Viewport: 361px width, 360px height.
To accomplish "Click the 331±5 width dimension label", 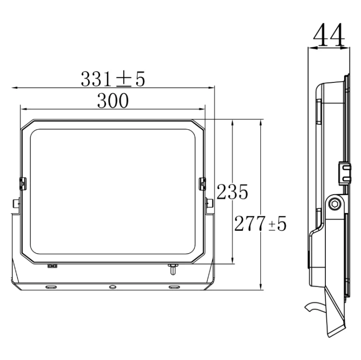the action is (x=113, y=79).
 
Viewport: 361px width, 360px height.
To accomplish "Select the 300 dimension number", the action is (x=113, y=101).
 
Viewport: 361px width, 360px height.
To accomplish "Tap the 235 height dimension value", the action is (x=232, y=192).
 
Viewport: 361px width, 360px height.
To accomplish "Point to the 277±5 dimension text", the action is (x=260, y=223).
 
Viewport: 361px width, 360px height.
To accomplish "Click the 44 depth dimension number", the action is (x=329, y=35).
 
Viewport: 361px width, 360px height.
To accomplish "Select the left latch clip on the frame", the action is (x=23, y=184).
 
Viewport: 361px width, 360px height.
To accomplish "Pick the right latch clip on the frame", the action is (x=202, y=184).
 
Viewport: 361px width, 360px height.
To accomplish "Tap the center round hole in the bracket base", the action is (x=113, y=287).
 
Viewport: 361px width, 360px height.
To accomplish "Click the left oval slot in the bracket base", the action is (x=51, y=287).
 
